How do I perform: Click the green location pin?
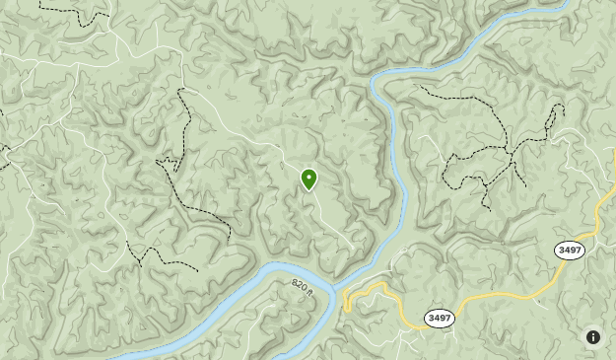tap(308, 179)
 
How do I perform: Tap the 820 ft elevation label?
tap(301, 287)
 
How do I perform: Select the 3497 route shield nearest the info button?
tap(570, 251)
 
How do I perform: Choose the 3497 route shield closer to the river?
tap(440, 318)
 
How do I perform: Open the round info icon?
tap(592, 337)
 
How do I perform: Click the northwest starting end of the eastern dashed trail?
tap(422, 87)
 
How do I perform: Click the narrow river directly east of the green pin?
tap(400, 178)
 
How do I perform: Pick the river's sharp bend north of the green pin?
tap(376, 83)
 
